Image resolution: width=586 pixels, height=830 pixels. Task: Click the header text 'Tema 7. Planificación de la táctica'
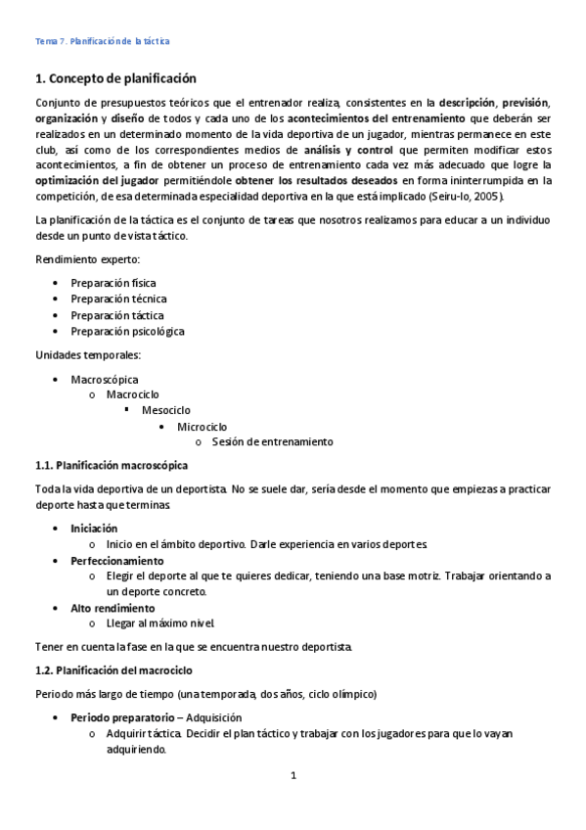[102, 41]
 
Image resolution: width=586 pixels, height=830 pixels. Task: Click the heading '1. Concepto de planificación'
[115, 78]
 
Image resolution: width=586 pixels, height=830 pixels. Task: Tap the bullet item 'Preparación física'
[113, 283]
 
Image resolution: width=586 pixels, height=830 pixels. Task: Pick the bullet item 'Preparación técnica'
[118, 299]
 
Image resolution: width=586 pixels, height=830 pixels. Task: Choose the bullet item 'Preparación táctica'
[117, 315]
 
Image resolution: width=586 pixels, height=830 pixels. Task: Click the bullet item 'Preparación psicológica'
[127, 331]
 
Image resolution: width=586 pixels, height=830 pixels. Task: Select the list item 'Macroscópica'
[105, 379]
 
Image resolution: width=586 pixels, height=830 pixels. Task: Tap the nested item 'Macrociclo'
[133, 394]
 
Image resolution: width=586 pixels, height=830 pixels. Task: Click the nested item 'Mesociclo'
[166, 410]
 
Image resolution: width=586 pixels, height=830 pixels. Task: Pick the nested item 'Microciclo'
[203, 427]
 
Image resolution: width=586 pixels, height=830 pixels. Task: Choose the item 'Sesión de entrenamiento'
[272, 441]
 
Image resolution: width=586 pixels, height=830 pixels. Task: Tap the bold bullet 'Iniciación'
[94, 528]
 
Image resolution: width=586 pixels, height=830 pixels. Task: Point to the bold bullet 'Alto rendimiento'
[113, 608]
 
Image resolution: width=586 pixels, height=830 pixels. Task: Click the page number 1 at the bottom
[293, 776]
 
